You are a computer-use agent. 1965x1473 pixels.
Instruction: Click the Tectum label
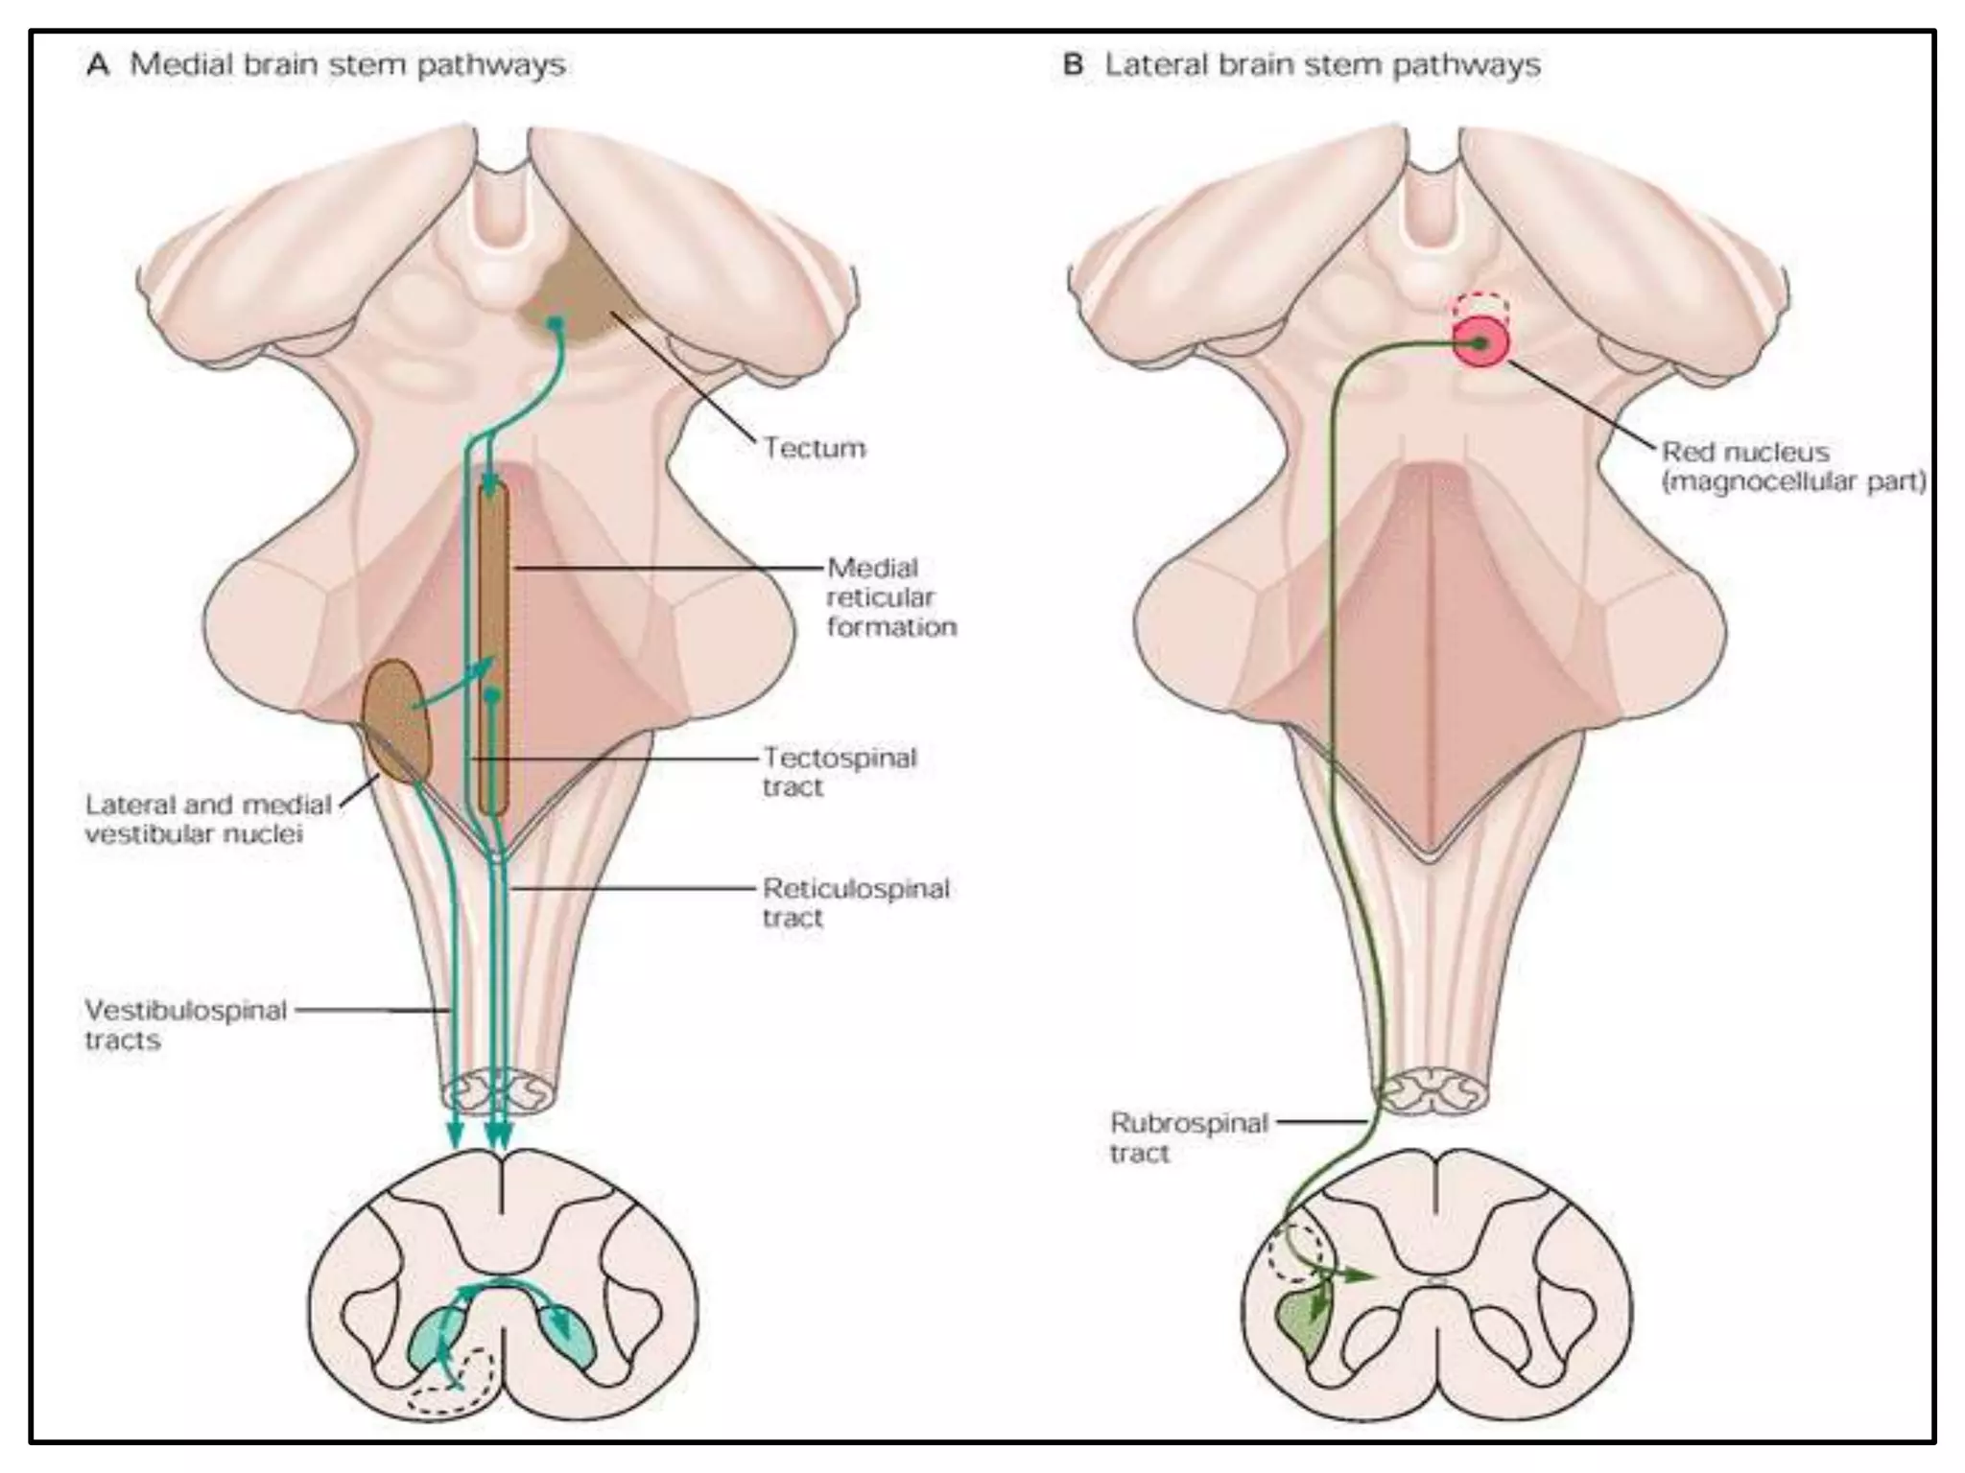[814, 447]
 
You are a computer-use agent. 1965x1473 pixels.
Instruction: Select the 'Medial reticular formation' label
[890, 596]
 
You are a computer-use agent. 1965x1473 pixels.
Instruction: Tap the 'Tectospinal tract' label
[840, 772]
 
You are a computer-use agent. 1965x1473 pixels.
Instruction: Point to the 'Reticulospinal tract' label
[855, 902]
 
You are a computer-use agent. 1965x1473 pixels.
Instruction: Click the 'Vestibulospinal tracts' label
[185, 1024]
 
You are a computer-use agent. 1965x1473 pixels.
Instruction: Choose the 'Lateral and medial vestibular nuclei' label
[207, 818]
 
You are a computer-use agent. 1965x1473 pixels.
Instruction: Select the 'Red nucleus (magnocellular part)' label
[1792, 466]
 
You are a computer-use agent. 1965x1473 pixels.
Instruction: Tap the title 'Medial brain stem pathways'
[346, 64]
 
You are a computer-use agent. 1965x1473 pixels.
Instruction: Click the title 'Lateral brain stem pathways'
[1321, 64]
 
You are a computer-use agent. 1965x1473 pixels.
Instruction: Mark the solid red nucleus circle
[1480, 343]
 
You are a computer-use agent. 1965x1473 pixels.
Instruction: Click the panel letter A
[98, 64]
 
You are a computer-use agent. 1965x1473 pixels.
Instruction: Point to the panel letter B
[1074, 64]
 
